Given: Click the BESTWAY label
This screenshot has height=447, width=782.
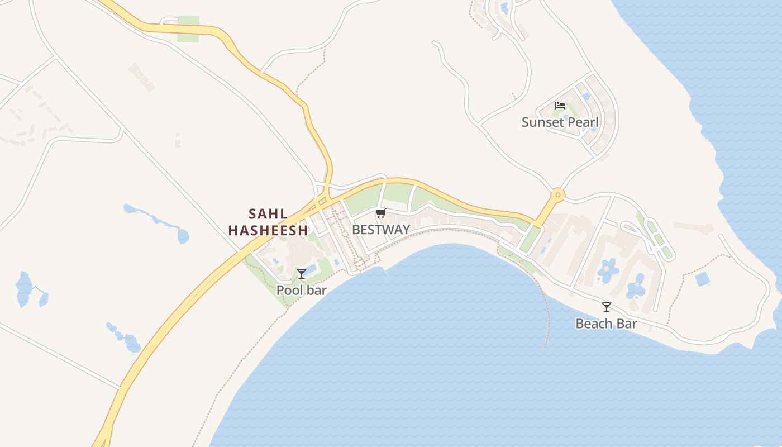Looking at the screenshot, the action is [381, 229].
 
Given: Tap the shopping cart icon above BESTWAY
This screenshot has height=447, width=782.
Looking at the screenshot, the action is [381, 213].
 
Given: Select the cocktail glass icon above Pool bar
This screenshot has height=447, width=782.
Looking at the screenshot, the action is [302, 273].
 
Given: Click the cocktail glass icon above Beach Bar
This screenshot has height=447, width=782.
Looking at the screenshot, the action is [607, 307].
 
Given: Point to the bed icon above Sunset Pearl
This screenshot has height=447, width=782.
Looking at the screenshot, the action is [560, 105].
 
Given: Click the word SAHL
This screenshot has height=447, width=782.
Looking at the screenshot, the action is [268, 213].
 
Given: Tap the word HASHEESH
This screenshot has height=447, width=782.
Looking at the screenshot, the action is [268, 230].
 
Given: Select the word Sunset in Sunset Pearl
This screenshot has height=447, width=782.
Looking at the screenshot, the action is [542, 122].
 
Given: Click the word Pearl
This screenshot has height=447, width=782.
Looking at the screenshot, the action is [582, 122].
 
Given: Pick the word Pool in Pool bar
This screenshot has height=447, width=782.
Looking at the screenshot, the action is [289, 290].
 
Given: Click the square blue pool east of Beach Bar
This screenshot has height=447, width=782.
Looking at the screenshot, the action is [703, 279].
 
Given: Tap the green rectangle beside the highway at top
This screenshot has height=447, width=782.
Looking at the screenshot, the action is [188, 29].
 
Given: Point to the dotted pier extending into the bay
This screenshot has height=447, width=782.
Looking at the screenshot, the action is [547, 313].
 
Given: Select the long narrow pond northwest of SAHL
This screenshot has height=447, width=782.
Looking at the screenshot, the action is [156, 220].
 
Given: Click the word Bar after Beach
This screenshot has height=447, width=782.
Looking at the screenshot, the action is [627, 324].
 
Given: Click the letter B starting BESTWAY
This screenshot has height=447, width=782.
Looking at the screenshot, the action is [356, 229].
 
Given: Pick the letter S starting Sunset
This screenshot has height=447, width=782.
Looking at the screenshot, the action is [526, 122].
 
